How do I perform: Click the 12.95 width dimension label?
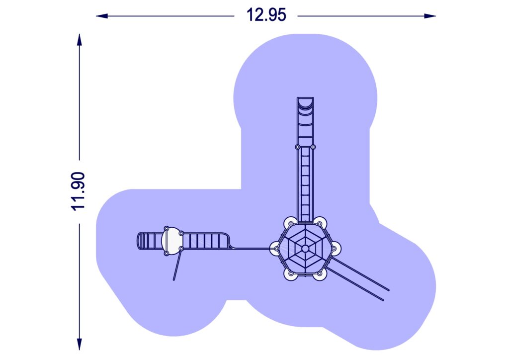click(266, 15)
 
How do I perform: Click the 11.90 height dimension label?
click(78, 191)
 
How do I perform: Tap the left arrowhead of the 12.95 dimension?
click(102, 16)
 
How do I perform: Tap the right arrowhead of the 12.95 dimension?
click(430, 16)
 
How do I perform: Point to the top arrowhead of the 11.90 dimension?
click(79, 40)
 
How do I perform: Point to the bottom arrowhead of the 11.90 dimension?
click(79, 344)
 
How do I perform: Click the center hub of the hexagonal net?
click(305, 249)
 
